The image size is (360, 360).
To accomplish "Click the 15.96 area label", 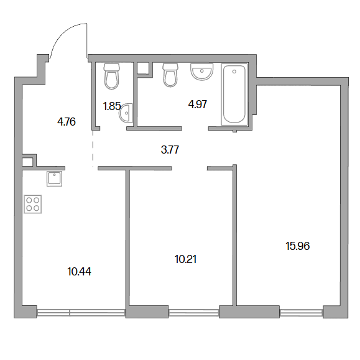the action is tap(298, 246).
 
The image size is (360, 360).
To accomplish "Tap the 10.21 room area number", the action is tap(185, 259).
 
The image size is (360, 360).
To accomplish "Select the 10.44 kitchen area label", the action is tap(79, 272).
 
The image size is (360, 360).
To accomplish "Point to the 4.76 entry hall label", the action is tap(67, 122).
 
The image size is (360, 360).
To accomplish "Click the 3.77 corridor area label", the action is tap(170, 150).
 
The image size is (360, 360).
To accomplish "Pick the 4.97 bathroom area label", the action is tap(198, 104).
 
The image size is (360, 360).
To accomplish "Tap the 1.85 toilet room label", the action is tap(112, 106).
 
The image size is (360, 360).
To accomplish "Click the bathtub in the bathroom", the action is tap(234, 95).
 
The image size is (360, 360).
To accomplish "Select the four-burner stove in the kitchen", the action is tap(33, 204).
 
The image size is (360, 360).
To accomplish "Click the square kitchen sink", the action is tap(55, 178).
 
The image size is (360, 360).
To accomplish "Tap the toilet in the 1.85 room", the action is tap(111, 76).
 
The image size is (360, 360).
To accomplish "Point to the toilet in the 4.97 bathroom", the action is tap(170, 75).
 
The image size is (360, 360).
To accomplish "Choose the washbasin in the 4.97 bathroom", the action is tap(202, 72).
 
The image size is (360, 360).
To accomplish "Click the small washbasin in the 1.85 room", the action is tap(126, 113).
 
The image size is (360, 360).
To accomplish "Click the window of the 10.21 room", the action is tap(194, 313).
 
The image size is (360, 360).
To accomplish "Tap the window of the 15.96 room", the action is tap(302, 313).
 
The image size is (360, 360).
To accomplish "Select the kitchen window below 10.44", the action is tap(81, 313).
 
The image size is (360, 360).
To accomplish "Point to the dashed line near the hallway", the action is tap(93, 149).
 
